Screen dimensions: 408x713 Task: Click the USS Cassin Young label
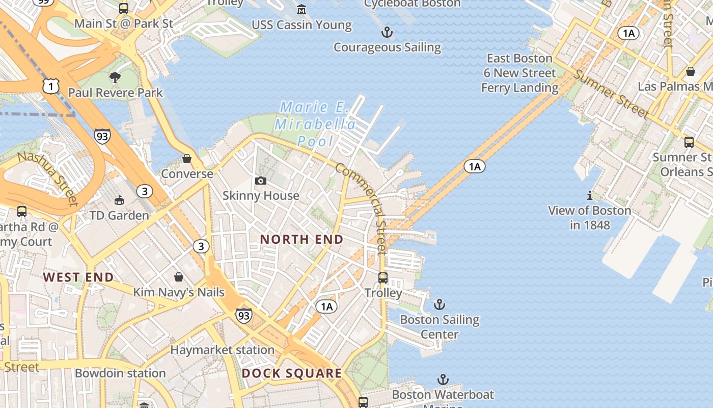(301, 25)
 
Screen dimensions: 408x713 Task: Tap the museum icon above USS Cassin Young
(301, 9)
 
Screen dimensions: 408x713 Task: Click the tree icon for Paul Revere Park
(115, 78)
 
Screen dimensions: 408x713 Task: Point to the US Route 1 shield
(50, 86)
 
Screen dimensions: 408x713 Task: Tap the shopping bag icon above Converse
(187, 159)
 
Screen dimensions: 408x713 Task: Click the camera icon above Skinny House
(261, 181)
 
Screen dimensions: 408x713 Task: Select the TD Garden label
(119, 215)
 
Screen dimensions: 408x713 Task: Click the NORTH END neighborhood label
(301, 239)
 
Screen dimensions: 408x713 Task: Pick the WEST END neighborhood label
(78, 277)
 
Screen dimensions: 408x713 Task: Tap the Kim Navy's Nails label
(179, 292)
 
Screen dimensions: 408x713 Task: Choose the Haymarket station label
(222, 350)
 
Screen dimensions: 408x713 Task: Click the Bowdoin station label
(120, 373)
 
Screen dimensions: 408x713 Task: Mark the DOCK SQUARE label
(292, 373)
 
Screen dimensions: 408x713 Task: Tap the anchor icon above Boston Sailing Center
(440, 305)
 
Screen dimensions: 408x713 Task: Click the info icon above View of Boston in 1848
(589, 195)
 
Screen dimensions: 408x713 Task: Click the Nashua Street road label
(49, 178)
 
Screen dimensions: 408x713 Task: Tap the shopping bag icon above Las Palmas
(691, 71)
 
